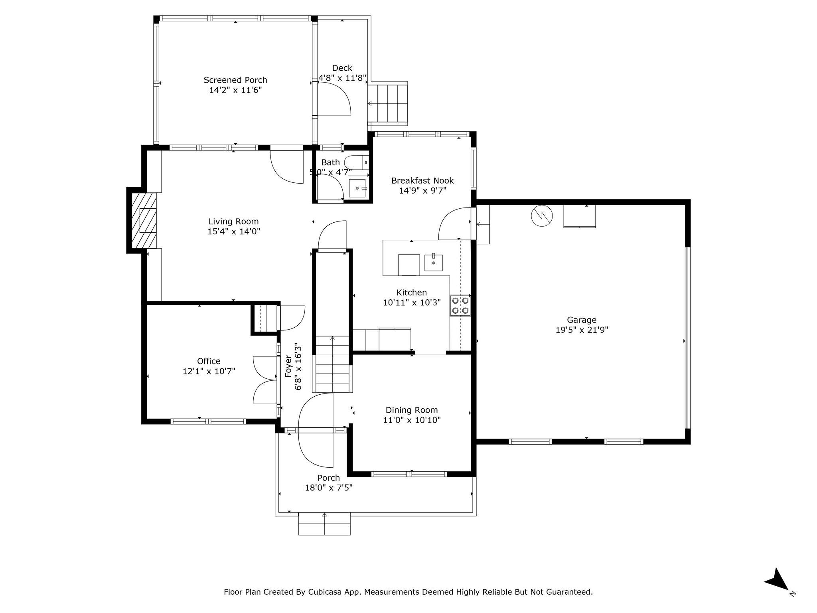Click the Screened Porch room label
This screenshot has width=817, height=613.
tap(235, 80)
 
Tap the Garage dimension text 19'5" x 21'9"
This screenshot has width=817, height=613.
tap(582, 330)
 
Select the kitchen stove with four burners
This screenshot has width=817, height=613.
tap(460, 305)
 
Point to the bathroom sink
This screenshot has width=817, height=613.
tap(357, 188)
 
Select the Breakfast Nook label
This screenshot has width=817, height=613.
tap(422, 181)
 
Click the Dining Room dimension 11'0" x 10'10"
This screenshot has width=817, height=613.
tap(412, 420)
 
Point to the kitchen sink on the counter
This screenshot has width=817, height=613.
tap(433, 262)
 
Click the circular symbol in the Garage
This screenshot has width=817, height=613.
tap(542, 216)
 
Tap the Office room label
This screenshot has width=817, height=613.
tap(209, 361)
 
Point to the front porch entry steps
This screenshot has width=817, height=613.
tap(324, 523)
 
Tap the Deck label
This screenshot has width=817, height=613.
tap(342, 68)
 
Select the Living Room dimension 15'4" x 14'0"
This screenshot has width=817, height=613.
tap(234, 231)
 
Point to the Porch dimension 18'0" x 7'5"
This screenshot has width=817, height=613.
tap(329, 487)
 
